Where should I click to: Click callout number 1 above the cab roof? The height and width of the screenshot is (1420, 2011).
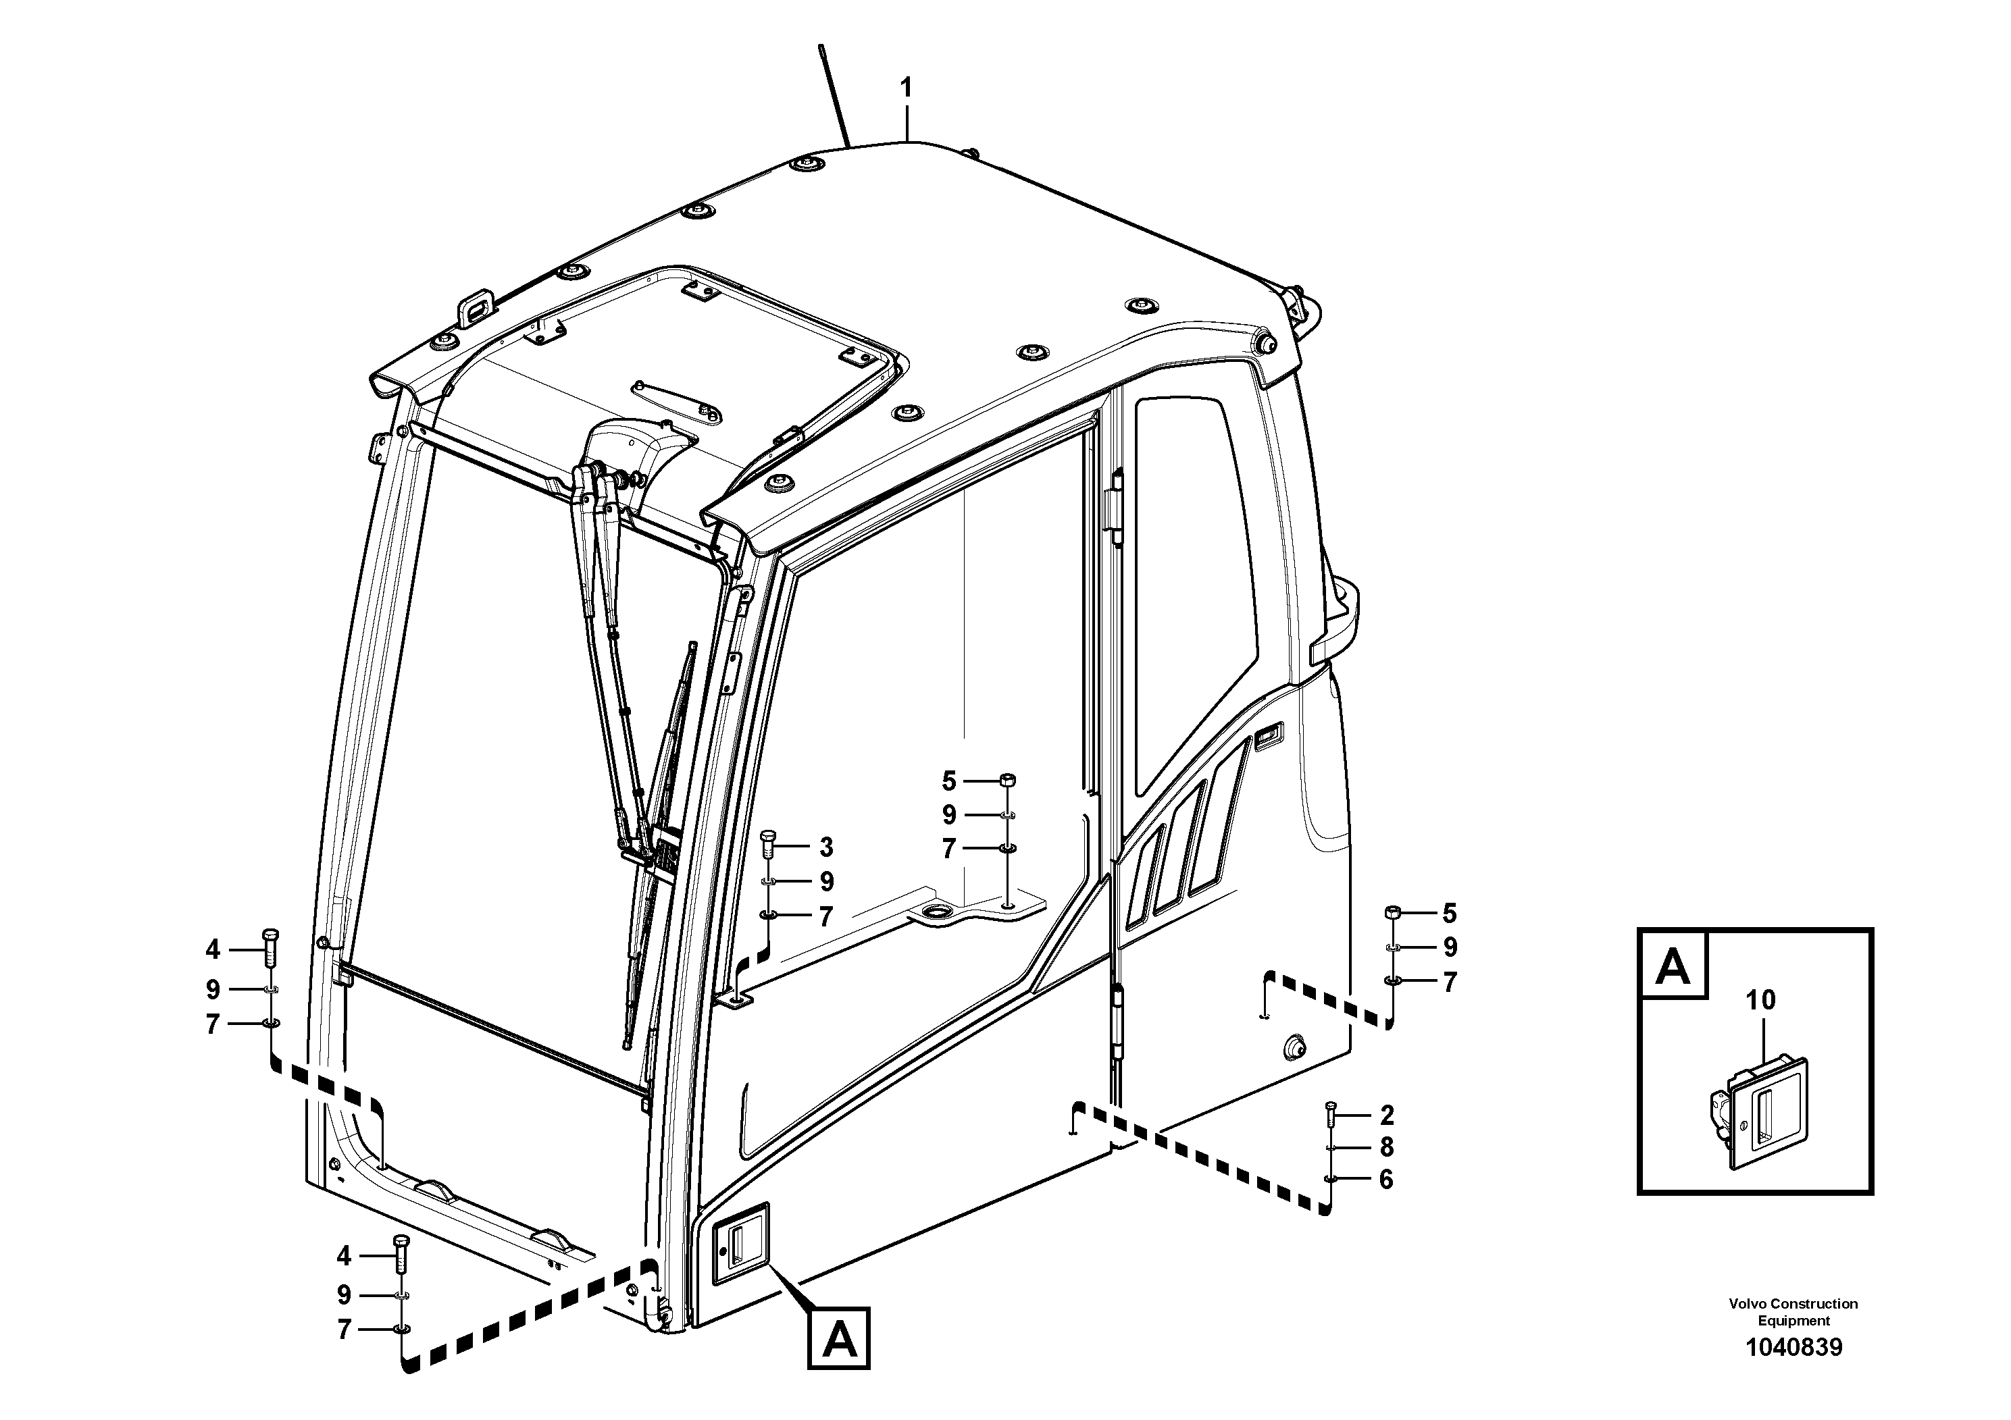coord(907,88)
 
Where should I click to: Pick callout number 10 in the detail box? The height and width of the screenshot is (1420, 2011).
coord(1760,1000)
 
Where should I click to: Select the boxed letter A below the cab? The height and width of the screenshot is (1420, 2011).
coord(839,1338)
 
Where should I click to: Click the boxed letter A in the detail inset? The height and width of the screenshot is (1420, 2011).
coord(1674,966)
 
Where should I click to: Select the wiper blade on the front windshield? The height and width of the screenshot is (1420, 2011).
coord(661,814)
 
